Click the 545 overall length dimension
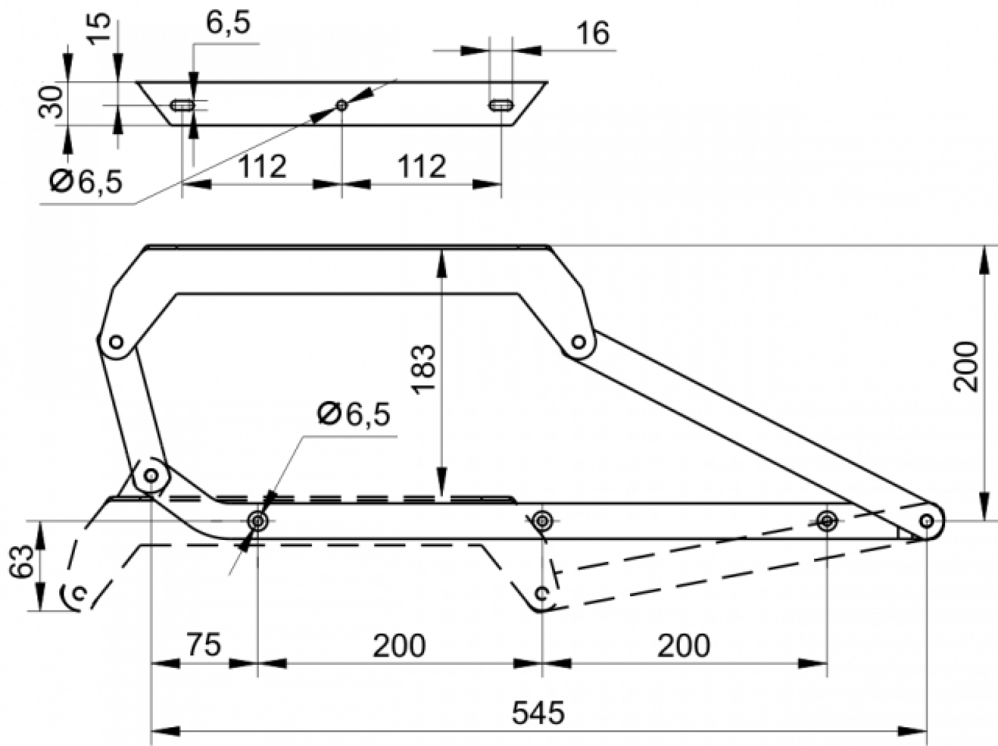[538, 712]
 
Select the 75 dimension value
[204, 644]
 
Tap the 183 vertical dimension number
[424, 368]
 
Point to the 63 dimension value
[22, 562]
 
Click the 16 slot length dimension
[593, 33]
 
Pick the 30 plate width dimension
[51, 102]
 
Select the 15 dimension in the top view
[99, 29]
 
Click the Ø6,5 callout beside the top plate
[86, 182]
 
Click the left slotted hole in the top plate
[182, 106]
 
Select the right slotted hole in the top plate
[501, 106]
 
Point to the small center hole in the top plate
[342, 106]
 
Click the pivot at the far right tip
[927, 521]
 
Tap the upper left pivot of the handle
[117, 341]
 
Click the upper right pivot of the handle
[578, 341]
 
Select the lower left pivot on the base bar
[151, 476]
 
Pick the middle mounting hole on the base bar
[542, 521]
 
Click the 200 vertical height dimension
[966, 366]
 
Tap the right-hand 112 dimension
[422, 167]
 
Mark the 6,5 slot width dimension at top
[228, 23]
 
